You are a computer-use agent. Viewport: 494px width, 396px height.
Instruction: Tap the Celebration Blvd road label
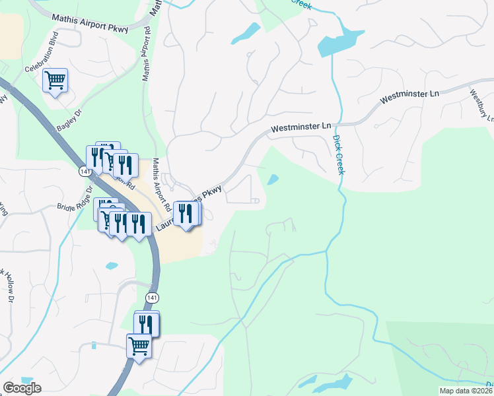(42, 61)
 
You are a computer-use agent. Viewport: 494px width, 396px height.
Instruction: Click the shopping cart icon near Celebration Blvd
(55, 81)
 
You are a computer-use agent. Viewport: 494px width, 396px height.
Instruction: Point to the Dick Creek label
(338, 154)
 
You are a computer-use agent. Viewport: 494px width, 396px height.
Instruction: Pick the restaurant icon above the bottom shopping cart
(145, 323)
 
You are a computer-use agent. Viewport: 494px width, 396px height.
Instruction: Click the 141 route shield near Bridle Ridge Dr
(84, 172)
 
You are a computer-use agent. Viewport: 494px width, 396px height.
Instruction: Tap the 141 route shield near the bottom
(152, 298)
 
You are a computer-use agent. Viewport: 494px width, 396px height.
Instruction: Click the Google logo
(22, 388)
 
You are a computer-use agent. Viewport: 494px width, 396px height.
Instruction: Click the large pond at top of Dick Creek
(340, 43)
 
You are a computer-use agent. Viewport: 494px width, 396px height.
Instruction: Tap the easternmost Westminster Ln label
(409, 97)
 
